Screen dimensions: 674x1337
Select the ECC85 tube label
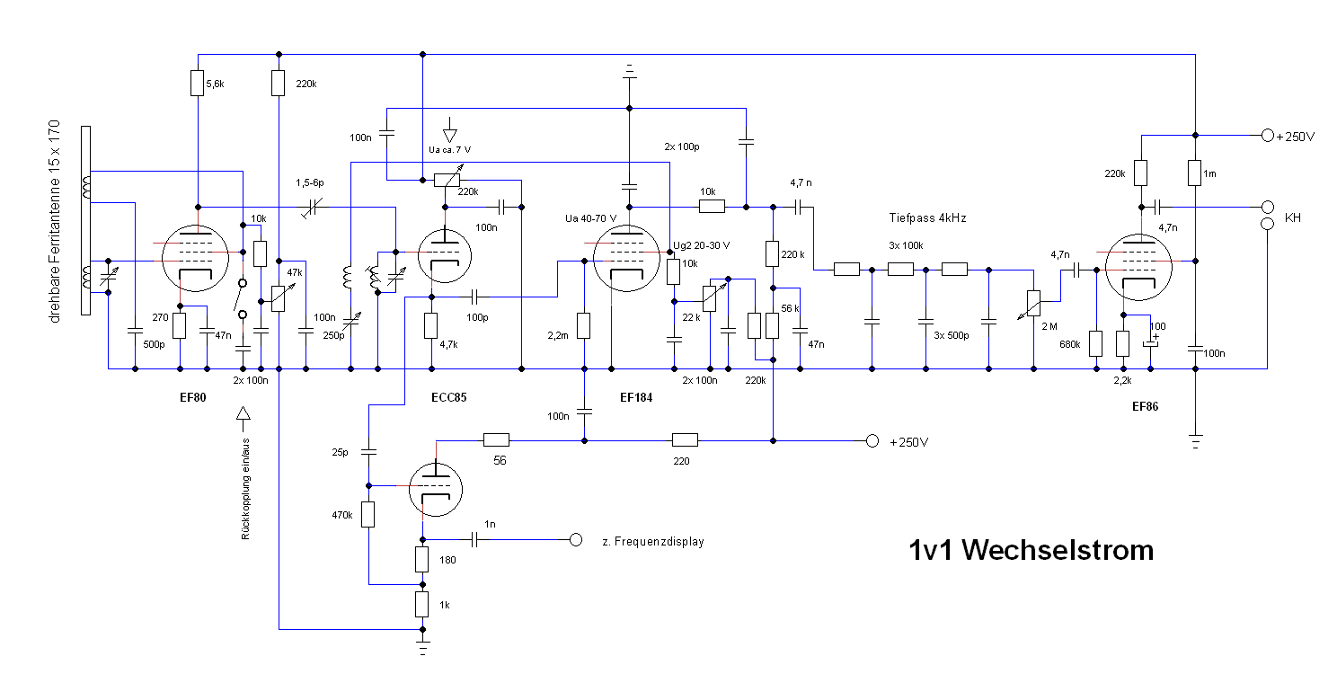pos(449,396)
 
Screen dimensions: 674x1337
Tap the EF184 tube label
pos(635,396)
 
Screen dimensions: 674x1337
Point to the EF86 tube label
pos(1145,406)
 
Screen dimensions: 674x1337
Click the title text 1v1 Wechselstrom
pos(1031,549)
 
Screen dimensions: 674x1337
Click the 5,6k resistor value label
pos(216,84)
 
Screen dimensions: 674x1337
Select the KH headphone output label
pos(1293,218)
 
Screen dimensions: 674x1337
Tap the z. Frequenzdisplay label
pos(653,542)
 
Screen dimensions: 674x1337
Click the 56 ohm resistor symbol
pos(496,440)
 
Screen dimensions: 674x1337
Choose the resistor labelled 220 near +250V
pos(685,440)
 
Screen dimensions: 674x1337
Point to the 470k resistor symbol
pos(367,515)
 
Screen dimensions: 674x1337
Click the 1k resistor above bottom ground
pos(422,604)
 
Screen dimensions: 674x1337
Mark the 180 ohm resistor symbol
pos(422,560)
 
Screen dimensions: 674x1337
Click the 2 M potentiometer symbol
pos(1033,304)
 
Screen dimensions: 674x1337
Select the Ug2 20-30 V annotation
pos(701,245)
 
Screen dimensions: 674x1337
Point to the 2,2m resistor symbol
pos(584,325)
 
